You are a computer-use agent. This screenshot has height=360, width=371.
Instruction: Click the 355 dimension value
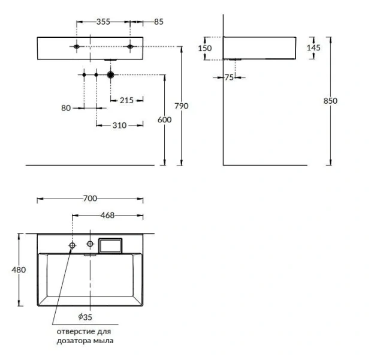point(103,22)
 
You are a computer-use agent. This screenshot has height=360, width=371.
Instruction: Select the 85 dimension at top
point(159,22)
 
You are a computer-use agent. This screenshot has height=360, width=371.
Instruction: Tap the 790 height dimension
point(182,106)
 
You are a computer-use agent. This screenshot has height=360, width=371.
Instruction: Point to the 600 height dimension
point(164,119)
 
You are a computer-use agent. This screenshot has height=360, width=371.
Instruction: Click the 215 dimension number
point(126,100)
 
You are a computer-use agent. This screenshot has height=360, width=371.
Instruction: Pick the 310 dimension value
point(119,125)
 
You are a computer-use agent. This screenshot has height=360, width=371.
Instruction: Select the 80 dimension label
point(66,108)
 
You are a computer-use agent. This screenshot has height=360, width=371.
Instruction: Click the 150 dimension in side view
point(205,49)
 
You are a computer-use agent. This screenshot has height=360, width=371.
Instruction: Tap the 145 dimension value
point(313,48)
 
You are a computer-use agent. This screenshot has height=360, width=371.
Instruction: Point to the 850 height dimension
point(330,101)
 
